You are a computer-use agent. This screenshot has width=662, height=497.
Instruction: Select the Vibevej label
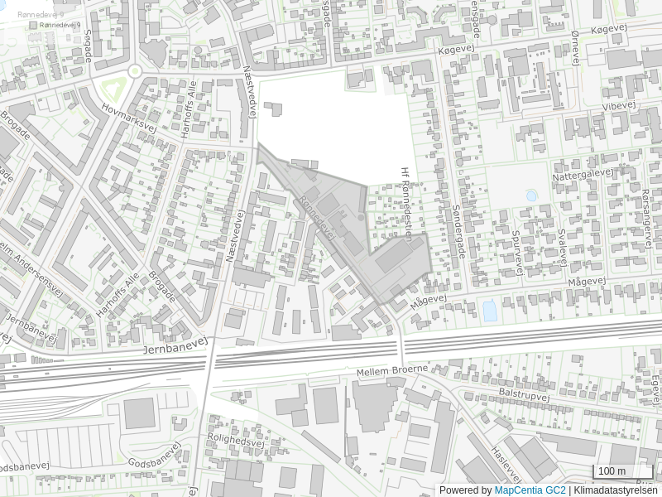[616, 107]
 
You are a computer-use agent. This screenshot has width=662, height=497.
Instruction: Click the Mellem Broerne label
[392, 370]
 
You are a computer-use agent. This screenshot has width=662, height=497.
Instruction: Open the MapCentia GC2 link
[530, 490]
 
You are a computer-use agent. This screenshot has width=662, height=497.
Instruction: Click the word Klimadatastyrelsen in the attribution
[616, 490]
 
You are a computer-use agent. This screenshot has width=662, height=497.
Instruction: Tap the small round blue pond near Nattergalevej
[530, 195]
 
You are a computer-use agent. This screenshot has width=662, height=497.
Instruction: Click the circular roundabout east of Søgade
[134, 70]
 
